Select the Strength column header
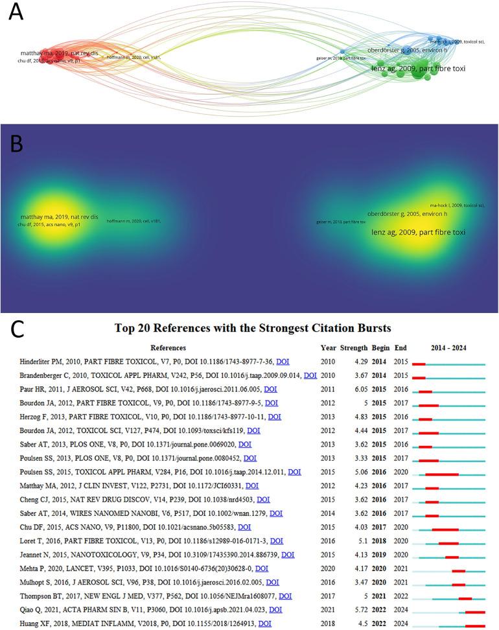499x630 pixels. tap(354, 347)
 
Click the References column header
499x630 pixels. tap(168, 347)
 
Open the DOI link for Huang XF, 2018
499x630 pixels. tap(264, 624)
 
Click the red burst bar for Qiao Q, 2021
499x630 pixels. tap(475, 612)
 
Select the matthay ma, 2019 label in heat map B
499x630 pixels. tap(58, 216)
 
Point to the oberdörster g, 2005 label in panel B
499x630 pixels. tap(407, 214)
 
